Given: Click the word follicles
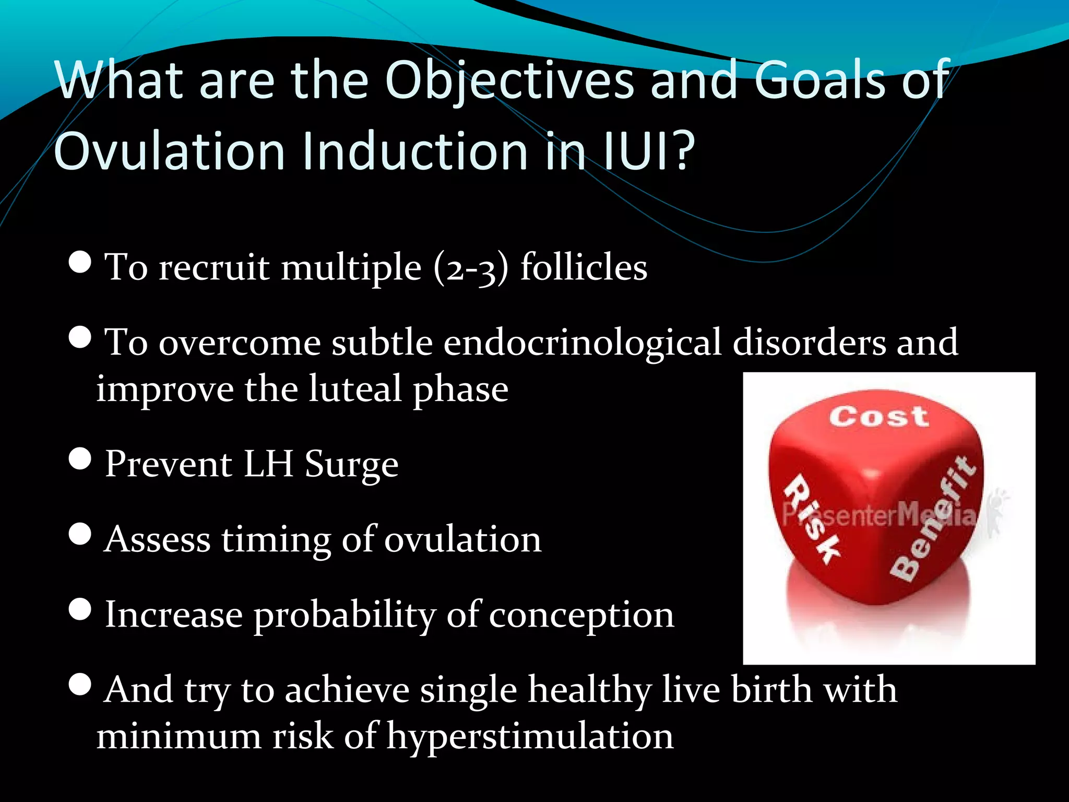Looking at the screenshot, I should (x=584, y=267).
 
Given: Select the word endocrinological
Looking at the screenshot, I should (x=582, y=344).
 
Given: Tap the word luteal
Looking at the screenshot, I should (x=355, y=389).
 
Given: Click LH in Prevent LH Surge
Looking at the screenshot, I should (x=268, y=464).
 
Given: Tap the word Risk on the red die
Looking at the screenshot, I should (x=812, y=519).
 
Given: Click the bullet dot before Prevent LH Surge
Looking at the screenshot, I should (x=80, y=459).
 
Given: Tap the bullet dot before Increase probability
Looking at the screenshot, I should (x=80, y=609).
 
